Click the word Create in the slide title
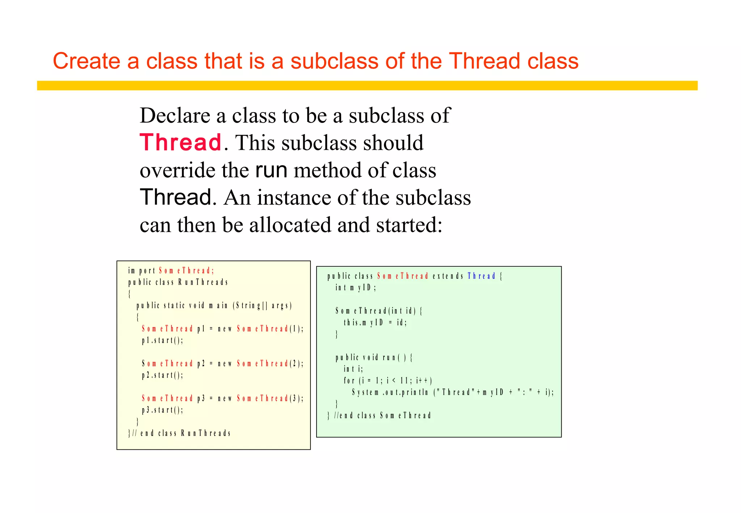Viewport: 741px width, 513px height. [x=86, y=61]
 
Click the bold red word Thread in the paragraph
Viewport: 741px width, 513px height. [x=180, y=143]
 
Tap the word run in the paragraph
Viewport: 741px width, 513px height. [x=271, y=170]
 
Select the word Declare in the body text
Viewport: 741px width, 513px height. [x=175, y=115]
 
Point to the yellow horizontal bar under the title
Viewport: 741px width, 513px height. [x=367, y=85]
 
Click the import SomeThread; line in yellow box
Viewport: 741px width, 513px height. [x=171, y=271]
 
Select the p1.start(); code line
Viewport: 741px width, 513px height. [x=162, y=340]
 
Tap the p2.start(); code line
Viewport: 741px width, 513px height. [x=162, y=375]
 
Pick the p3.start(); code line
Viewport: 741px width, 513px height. [x=162, y=410]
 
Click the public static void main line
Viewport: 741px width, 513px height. [x=214, y=306]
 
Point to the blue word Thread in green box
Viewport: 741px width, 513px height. [x=481, y=276]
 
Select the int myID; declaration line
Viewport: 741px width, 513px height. [x=356, y=288]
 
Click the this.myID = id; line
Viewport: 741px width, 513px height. [x=375, y=322]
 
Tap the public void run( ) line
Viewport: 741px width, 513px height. [x=374, y=357]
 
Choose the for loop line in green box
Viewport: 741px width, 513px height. [x=388, y=381]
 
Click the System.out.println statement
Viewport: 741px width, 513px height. [x=452, y=392]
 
